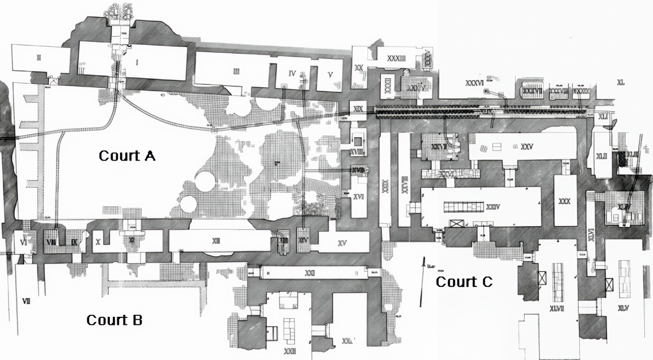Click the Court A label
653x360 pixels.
point(127,155)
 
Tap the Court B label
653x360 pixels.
point(114,320)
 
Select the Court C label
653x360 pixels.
point(464,281)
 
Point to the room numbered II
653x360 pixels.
point(39,57)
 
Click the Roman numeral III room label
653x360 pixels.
point(236,71)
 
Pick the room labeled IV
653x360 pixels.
point(292,73)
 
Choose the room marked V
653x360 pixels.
point(330,74)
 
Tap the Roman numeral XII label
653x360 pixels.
point(216,241)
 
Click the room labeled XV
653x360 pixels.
point(342,243)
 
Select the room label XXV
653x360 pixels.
point(527,147)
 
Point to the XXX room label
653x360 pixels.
point(564,201)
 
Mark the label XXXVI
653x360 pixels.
point(474,83)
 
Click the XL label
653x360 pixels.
point(621,83)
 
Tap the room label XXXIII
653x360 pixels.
point(396,58)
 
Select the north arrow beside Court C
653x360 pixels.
point(422,282)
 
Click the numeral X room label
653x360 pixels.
point(98,242)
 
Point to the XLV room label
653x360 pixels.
point(624,308)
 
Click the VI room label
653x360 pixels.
point(23,242)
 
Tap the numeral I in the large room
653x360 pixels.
point(137,62)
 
